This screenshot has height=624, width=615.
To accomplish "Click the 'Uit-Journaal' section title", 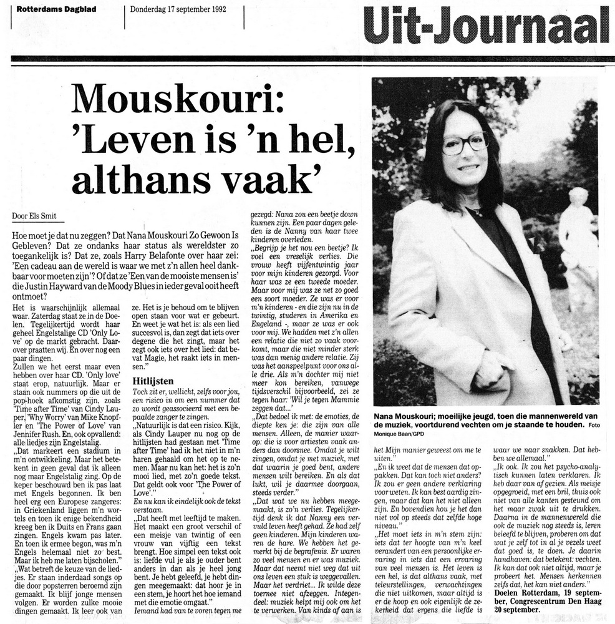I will (x=486, y=25).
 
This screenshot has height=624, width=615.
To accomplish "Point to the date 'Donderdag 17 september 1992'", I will (x=178, y=9).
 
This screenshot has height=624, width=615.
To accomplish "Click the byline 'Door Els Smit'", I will (x=34, y=217).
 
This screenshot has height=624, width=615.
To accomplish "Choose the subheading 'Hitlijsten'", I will (x=153, y=380).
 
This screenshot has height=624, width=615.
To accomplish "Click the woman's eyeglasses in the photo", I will (x=464, y=144).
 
